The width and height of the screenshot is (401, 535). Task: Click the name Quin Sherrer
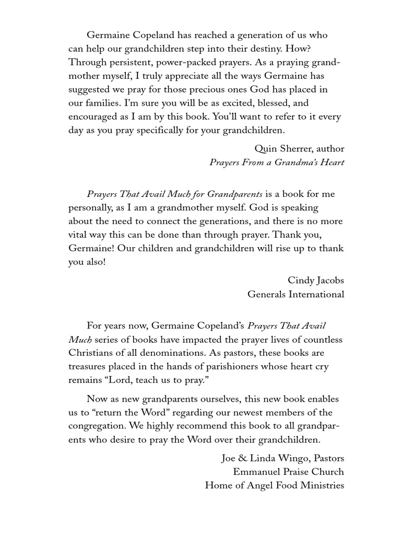(299, 149)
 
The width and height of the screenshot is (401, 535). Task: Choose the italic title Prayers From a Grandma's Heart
(277, 162)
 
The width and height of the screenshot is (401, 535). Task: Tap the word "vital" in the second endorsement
(79, 221)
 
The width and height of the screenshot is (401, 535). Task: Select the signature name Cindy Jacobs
(316, 281)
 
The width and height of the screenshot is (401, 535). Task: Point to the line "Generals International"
(296, 294)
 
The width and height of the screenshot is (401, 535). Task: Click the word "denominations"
(164, 353)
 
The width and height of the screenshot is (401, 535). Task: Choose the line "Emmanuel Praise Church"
(288, 472)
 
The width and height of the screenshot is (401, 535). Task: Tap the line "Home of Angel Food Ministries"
(274, 485)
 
